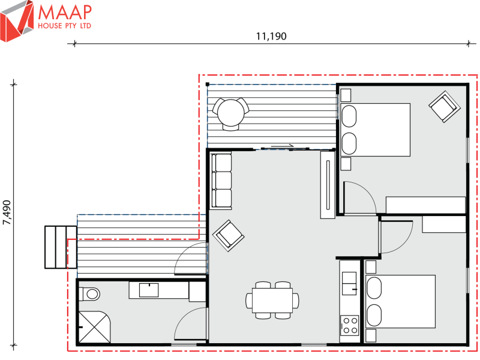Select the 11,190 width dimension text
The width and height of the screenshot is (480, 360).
click(271, 36)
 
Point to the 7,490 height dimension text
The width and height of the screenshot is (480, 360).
click(7, 212)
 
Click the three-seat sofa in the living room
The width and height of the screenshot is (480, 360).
click(221, 181)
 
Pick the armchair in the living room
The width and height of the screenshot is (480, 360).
click(229, 234)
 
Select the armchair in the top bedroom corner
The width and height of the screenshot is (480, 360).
click(443, 106)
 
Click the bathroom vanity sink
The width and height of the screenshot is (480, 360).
click(148, 290)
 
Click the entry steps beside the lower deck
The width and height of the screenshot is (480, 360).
click(60, 247)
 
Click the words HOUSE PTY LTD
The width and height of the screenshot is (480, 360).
click(65, 26)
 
